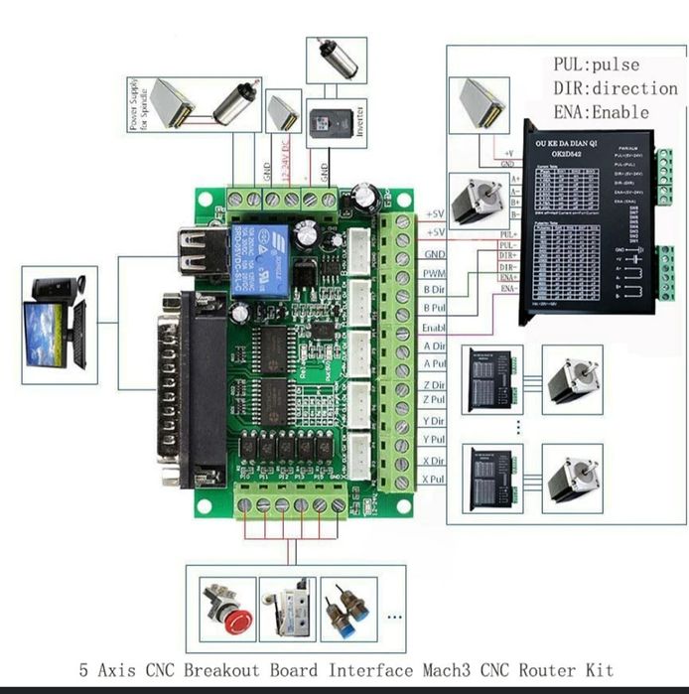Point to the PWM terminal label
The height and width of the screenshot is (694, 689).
pyautogui.click(x=434, y=273)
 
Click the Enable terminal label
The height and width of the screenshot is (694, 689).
pyautogui.click(x=434, y=328)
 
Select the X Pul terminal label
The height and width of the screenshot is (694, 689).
pyautogui.click(x=433, y=479)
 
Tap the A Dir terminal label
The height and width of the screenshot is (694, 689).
pyautogui.click(x=434, y=346)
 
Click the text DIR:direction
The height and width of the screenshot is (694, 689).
pyautogui.click(x=616, y=88)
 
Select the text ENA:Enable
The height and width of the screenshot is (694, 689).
pyautogui.click(x=602, y=111)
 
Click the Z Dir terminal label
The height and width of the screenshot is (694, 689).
pyautogui.click(x=434, y=385)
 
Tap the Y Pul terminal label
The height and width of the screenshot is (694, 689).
pyautogui.click(x=434, y=439)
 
